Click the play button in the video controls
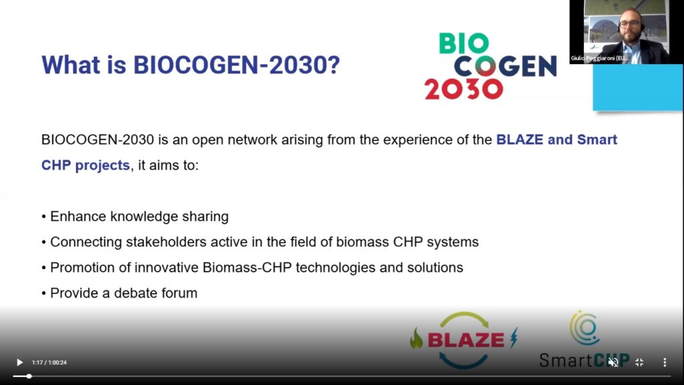19,362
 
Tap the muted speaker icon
613,362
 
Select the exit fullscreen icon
639,362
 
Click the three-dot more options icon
665,362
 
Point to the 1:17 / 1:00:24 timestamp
49,363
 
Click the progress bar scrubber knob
29,376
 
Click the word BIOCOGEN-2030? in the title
236,65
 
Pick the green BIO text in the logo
464,43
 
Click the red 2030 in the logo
464,89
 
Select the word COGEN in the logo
505,66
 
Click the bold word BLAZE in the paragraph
520,140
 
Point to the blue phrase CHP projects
85,166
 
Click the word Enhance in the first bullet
78,217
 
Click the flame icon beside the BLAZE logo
417,338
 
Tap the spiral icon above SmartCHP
584,328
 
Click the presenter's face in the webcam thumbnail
631,25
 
